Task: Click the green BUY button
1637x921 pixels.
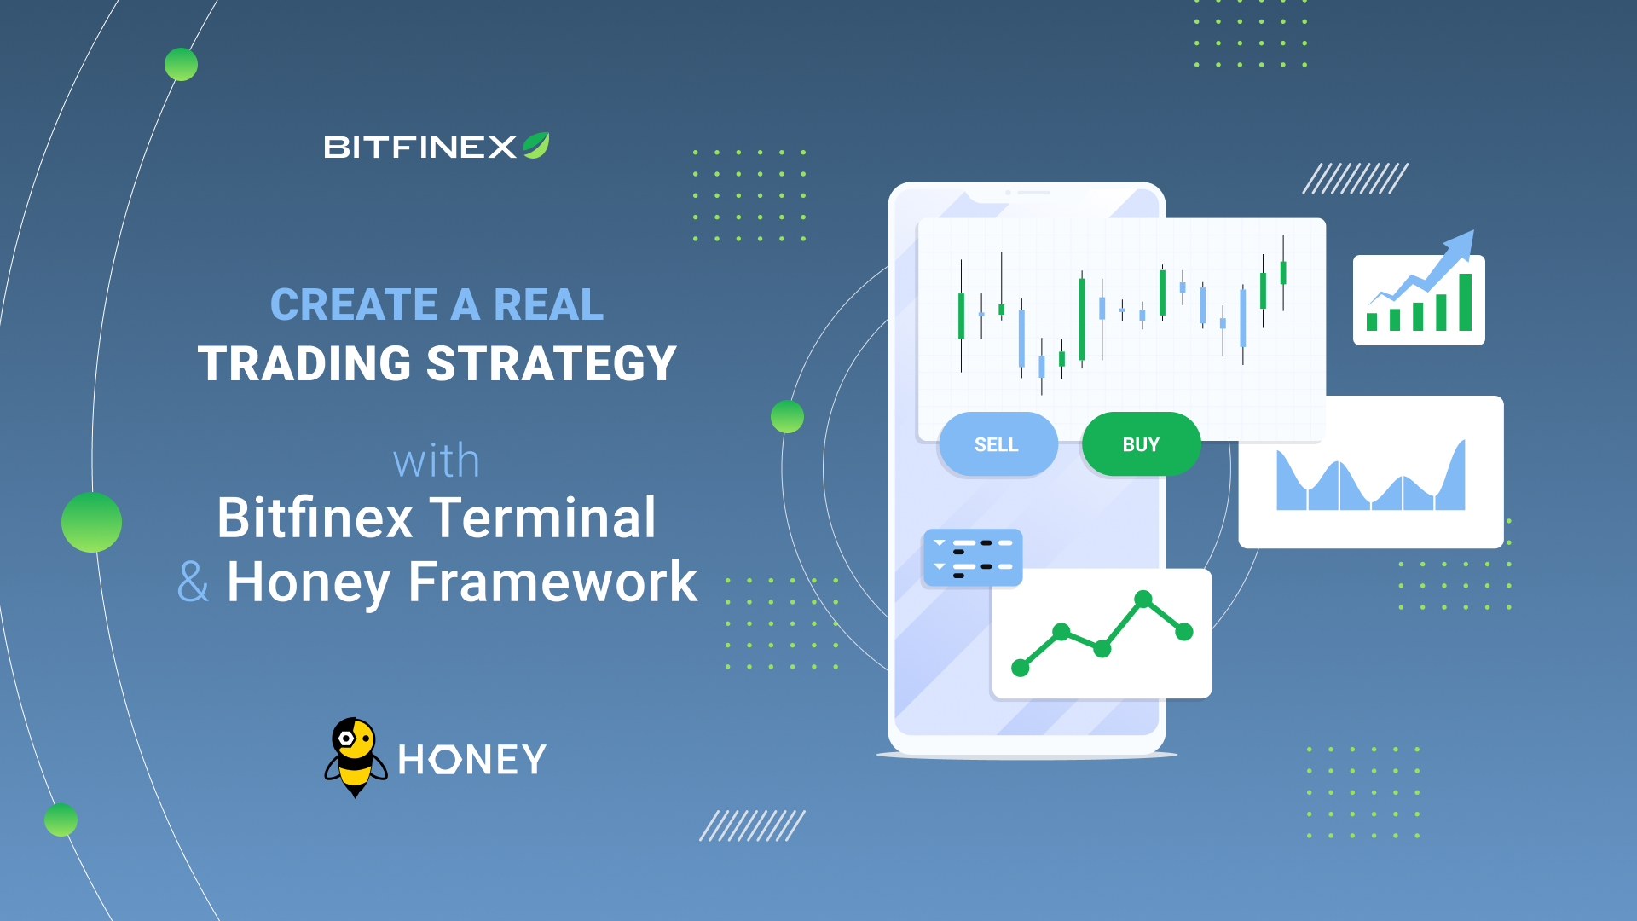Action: (1141, 444)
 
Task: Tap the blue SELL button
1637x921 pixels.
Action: (998, 444)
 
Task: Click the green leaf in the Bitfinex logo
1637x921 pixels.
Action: (536, 146)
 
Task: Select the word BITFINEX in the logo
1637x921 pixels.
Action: (420, 148)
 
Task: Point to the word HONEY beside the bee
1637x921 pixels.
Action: (471, 759)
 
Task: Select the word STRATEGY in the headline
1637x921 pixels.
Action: (552, 363)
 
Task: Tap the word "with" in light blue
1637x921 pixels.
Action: (437, 461)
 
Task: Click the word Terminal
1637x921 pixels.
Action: (543, 518)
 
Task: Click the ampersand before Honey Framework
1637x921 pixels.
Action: (193, 582)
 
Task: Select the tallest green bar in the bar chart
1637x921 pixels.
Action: (1466, 302)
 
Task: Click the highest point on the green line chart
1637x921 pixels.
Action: (1143, 599)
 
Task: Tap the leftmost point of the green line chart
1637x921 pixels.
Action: (1021, 668)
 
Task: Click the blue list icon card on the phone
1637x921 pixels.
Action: (973, 559)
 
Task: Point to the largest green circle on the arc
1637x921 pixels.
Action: (92, 522)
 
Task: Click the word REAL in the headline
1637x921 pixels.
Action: (548, 304)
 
